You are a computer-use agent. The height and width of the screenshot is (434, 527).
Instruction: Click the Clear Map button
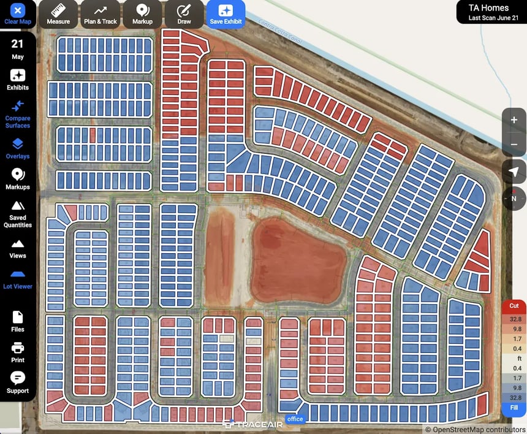18,14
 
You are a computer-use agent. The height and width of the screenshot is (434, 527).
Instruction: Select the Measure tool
58,14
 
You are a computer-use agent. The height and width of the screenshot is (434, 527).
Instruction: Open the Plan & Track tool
100,14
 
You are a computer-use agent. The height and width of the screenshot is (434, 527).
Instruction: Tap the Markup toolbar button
142,14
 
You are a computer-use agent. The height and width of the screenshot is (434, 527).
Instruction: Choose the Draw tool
184,14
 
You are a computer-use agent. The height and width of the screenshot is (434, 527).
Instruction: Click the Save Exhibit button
226,14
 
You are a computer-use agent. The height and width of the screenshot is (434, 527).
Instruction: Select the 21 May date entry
18,49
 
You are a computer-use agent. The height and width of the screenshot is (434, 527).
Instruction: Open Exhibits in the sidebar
18,80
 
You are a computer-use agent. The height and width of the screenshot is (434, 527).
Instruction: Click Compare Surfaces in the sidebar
18,114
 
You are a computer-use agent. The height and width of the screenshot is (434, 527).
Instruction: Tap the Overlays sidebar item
18,148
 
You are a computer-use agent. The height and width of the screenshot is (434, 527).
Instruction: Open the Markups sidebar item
18,179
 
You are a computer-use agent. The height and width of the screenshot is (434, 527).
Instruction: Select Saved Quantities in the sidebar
18,213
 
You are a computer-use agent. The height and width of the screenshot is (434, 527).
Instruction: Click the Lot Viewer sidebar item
18,279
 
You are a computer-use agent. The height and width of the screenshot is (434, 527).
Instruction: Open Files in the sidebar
18,322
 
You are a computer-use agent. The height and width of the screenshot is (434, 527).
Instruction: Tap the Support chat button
18,383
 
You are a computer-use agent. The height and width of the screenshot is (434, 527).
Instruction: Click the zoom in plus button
514,120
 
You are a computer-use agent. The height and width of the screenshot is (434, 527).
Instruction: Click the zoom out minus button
514,145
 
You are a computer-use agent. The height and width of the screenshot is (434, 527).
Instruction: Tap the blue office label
295,419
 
